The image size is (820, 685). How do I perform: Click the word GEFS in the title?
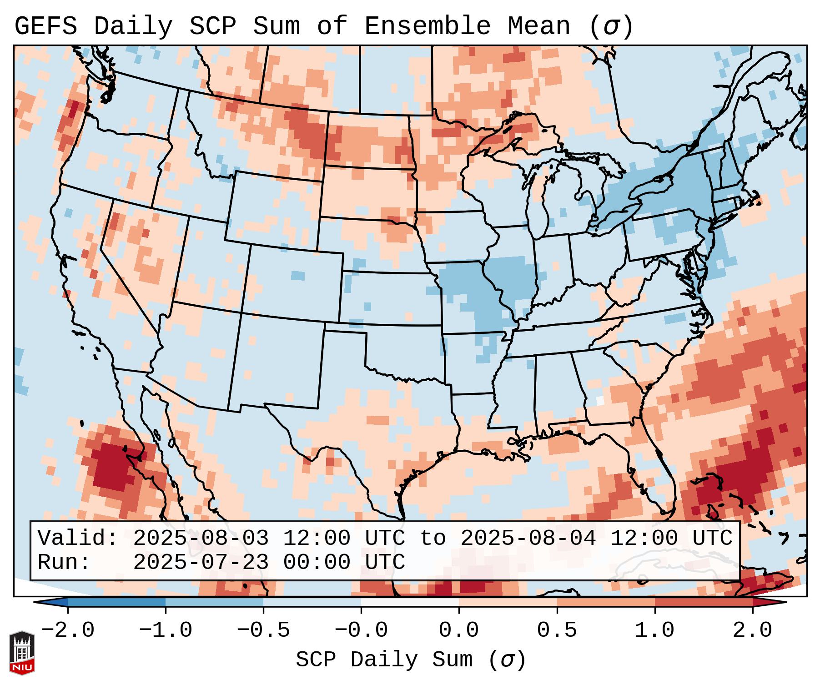[x=45, y=26]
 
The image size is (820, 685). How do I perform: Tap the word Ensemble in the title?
[x=427, y=26]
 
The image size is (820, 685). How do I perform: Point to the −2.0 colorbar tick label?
[x=68, y=630]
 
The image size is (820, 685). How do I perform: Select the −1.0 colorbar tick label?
[x=166, y=630]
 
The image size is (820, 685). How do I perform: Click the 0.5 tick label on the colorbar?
[x=557, y=630]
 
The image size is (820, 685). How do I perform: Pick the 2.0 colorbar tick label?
[x=752, y=630]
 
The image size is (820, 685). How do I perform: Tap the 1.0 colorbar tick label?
[x=654, y=630]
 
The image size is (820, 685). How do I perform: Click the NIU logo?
[x=22, y=653]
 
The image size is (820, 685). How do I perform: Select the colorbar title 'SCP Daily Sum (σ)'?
[x=411, y=660]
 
